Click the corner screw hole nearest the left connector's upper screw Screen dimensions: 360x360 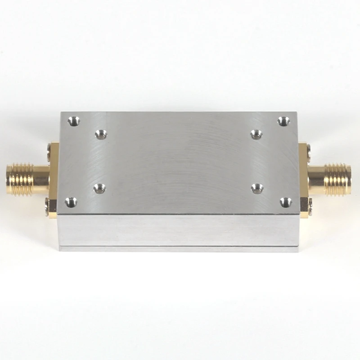(x=73, y=121)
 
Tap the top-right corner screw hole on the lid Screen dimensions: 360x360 (x=283, y=121)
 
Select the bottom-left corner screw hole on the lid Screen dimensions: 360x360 (x=71, y=202)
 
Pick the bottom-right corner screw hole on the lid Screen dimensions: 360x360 (x=286, y=202)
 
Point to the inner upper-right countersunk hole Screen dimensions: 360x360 (x=256, y=134)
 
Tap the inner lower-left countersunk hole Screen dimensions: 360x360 (x=99, y=189)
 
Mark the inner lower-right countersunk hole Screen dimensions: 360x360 (x=257, y=188)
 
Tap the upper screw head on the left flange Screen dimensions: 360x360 (x=48, y=148)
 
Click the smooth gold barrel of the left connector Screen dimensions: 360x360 (x=40, y=179)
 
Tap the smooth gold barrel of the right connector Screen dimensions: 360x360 (x=316, y=179)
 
